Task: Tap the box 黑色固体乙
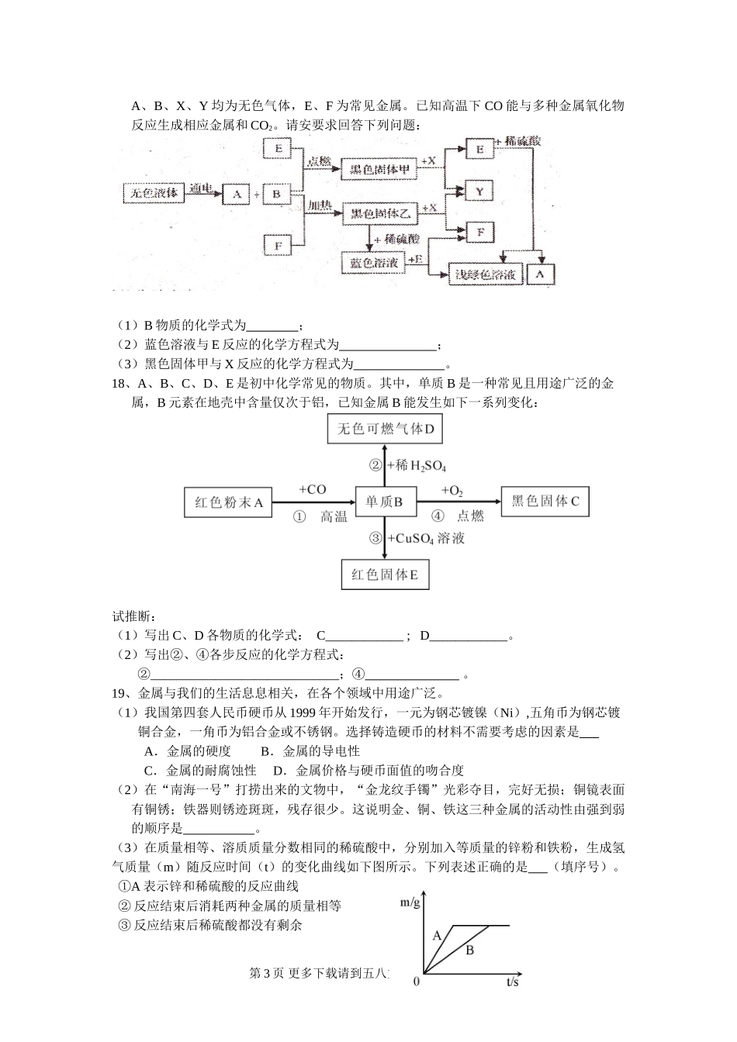pyautogui.click(x=379, y=212)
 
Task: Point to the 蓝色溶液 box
pyautogui.click(x=374, y=263)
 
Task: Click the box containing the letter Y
pyautogui.click(x=479, y=191)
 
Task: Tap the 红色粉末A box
pyautogui.click(x=230, y=502)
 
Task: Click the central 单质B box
pyautogui.click(x=385, y=502)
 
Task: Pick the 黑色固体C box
pyautogui.click(x=545, y=502)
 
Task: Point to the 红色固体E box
pyautogui.click(x=385, y=574)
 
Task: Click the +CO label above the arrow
pyautogui.click(x=312, y=489)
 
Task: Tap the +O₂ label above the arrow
pyautogui.click(x=452, y=490)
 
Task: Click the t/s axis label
pyautogui.click(x=512, y=982)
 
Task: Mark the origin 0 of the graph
pyautogui.click(x=417, y=982)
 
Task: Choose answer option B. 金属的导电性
pyautogui.click(x=310, y=750)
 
